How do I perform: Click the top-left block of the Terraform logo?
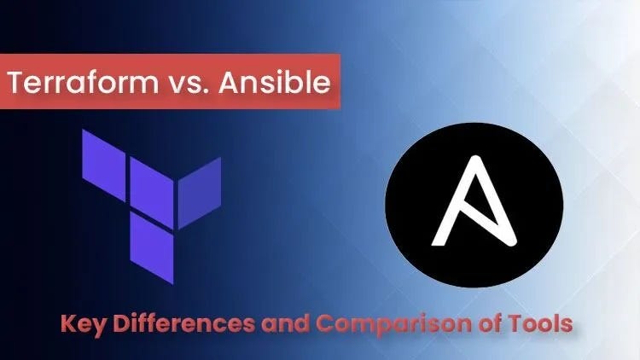[103, 154]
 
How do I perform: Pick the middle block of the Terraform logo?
[150, 182]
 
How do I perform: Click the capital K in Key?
[67, 325]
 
